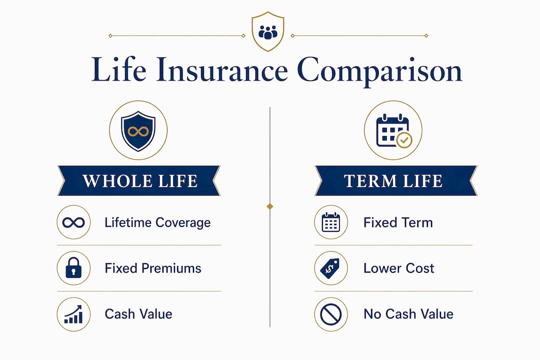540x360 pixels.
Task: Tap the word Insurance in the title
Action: click(221, 70)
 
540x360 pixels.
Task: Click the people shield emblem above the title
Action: click(268, 31)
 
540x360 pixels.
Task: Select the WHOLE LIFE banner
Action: click(139, 180)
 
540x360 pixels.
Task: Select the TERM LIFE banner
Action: click(395, 180)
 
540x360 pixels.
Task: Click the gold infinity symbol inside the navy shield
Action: click(138, 131)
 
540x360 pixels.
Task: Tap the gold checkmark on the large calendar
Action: click(404, 140)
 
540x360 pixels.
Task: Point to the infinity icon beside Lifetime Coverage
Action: click(73, 222)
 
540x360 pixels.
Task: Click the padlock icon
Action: click(73, 268)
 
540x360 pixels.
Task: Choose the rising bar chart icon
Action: click(73, 314)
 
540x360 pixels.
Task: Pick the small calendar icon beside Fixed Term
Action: click(330, 222)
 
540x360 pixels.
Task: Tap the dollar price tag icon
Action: click(330, 268)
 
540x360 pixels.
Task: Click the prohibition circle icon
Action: click(330, 314)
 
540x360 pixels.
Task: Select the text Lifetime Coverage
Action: click(157, 222)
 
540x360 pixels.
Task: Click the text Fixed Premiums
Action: click(153, 268)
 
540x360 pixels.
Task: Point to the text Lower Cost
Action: click(399, 268)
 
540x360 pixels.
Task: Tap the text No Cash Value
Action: click(408, 314)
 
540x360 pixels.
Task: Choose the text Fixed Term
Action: click(398, 222)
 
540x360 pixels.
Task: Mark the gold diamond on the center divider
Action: click(270, 206)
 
